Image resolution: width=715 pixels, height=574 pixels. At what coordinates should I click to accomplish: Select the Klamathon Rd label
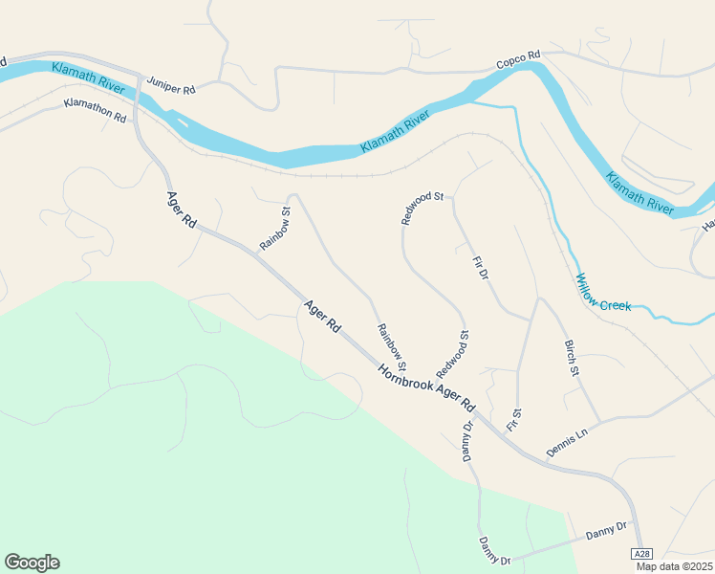[x=96, y=109]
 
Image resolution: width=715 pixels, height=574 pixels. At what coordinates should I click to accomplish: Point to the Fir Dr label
[x=481, y=268]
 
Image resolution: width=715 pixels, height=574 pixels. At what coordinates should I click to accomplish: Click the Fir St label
[x=514, y=419]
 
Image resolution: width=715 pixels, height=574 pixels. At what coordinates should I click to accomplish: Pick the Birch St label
[x=572, y=357]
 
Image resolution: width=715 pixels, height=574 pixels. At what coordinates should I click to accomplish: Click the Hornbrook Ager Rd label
[x=425, y=386]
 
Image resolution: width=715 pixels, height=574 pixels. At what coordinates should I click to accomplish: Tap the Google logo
[x=32, y=563]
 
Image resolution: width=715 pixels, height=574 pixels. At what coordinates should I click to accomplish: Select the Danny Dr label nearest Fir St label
[x=468, y=439]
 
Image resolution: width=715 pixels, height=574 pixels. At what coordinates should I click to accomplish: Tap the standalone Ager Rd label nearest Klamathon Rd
[x=181, y=210]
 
